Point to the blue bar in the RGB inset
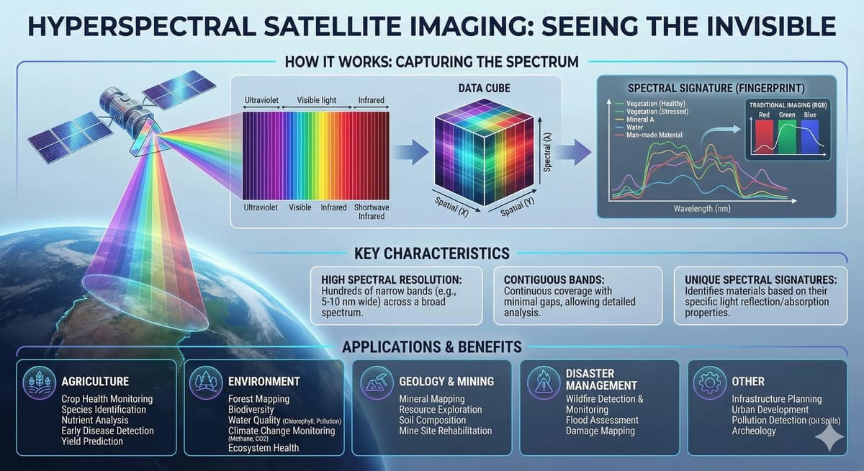click(810, 136)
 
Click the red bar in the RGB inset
click(765, 136)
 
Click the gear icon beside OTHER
click(709, 381)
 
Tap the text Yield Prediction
click(92, 441)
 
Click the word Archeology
click(754, 431)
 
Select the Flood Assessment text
click(602, 420)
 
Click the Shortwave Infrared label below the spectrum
click(372, 211)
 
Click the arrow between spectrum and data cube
click(409, 151)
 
